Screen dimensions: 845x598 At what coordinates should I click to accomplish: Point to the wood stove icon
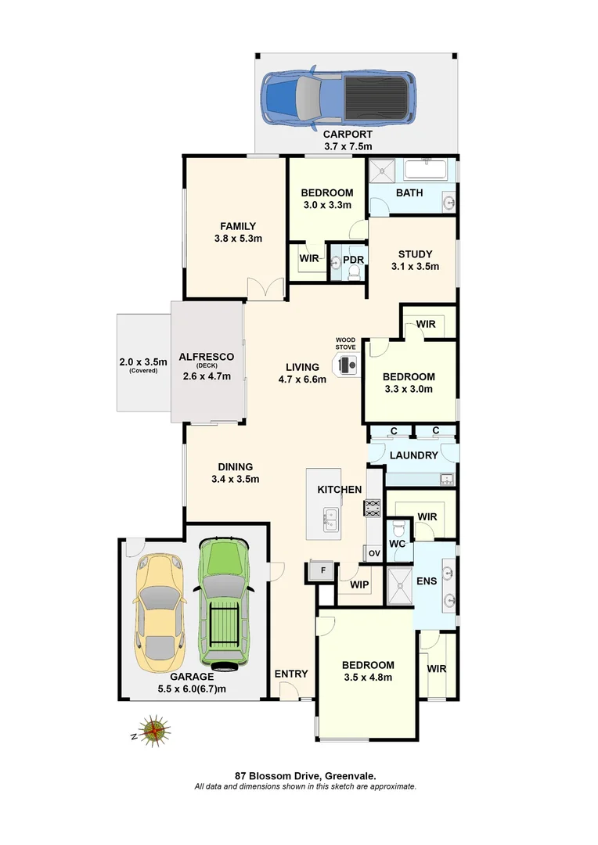(346, 364)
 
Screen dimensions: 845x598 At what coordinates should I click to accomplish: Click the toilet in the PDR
(352, 271)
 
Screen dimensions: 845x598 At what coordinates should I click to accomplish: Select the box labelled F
(319, 570)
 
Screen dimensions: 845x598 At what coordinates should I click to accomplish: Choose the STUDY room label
(413, 253)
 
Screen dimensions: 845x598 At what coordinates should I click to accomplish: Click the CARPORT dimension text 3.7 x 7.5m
(348, 146)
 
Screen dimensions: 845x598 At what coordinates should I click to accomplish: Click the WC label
(397, 543)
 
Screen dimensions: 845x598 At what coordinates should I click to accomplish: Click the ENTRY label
(290, 674)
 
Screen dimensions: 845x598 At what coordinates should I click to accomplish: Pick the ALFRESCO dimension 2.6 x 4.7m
(207, 376)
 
